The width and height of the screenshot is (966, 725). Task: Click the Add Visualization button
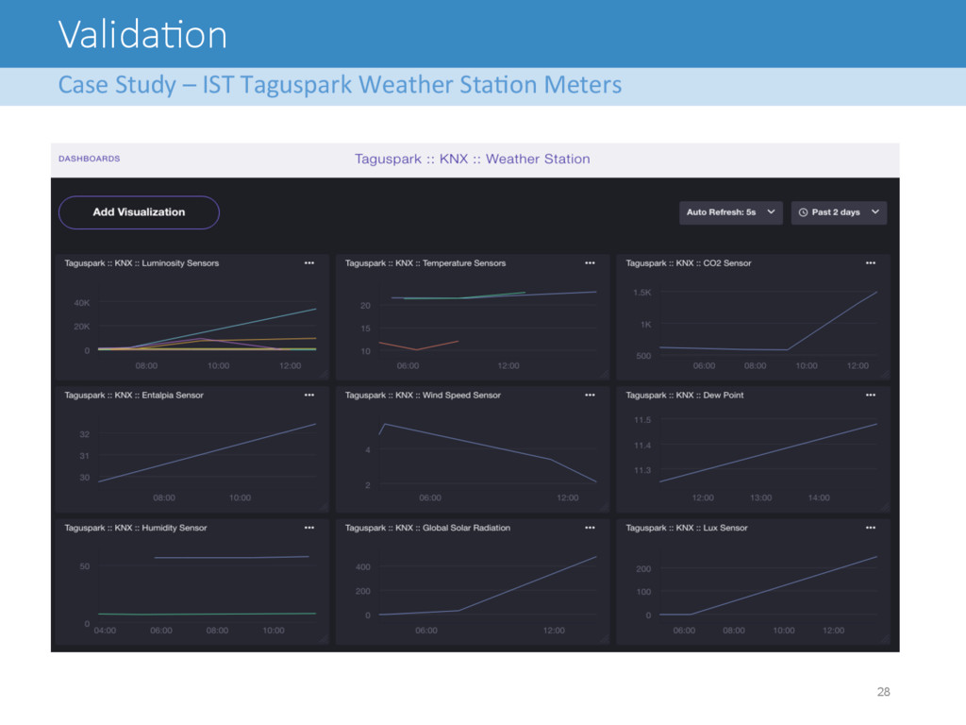click(x=139, y=212)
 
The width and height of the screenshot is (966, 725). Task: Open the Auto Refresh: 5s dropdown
click(x=731, y=212)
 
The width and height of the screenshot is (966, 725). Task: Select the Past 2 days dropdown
click(x=839, y=212)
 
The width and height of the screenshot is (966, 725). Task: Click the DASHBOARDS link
click(x=90, y=159)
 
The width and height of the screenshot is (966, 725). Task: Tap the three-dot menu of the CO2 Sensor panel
click(x=870, y=263)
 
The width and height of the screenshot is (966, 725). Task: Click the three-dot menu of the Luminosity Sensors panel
click(x=308, y=263)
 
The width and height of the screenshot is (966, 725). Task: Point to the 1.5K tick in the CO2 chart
click(x=641, y=293)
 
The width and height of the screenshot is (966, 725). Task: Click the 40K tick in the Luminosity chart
click(x=82, y=303)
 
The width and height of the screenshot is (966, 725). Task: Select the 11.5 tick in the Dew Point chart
click(x=641, y=420)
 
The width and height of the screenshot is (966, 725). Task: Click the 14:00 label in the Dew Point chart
click(x=819, y=497)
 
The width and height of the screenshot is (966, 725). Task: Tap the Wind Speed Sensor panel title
click(x=423, y=396)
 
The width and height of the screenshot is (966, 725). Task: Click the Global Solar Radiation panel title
click(x=427, y=528)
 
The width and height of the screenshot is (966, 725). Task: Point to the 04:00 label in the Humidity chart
click(x=105, y=630)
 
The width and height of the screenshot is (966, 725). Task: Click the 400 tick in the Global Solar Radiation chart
click(x=363, y=566)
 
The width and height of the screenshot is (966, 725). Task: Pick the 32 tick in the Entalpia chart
click(x=84, y=434)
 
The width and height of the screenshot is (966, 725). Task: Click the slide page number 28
click(x=883, y=692)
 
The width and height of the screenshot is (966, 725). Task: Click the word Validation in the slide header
click(x=143, y=35)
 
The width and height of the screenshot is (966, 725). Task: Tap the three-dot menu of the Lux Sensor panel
click(x=870, y=528)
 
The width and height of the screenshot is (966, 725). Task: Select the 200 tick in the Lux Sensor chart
click(x=643, y=568)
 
